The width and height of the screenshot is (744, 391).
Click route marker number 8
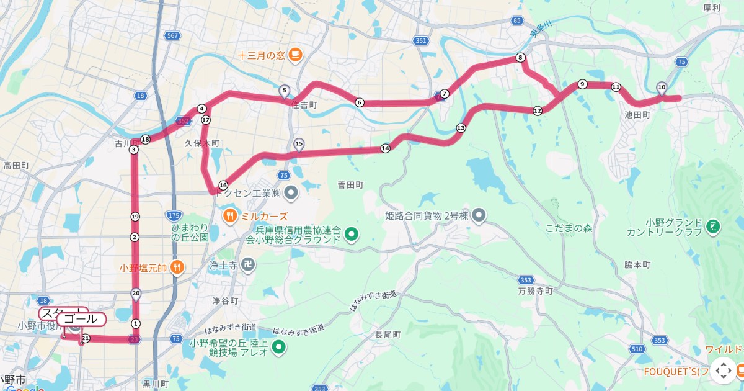(521, 58)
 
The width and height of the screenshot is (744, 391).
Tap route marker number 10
(662, 87)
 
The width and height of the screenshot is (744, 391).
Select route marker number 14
(385, 148)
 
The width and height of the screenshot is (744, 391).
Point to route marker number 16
(223, 185)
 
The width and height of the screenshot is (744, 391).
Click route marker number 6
(359, 102)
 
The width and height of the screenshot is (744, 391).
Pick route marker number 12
(538, 110)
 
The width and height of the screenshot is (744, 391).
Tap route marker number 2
(135, 237)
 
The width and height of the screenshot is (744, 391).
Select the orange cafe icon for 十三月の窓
(294, 55)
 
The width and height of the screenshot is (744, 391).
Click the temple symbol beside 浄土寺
(249, 264)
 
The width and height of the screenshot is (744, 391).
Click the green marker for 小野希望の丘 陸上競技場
(278, 347)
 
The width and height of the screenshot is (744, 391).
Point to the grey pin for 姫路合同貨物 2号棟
(478, 215)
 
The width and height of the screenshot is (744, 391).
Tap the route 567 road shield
(173, 36)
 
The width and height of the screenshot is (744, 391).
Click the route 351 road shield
(422, 41)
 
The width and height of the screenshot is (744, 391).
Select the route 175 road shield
(173, 215)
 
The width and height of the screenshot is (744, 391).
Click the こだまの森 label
(569, 228)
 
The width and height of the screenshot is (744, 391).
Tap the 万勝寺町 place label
(535, 290)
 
